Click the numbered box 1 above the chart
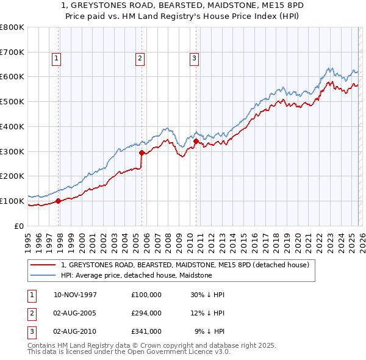(56, 59)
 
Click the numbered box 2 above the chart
(140, 59)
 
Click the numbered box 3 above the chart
(194, 59)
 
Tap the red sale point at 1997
(59, 200)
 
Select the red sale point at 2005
(142, 153)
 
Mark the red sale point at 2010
(196, 141)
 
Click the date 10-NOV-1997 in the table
(75, 295)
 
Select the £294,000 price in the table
(146, 313)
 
